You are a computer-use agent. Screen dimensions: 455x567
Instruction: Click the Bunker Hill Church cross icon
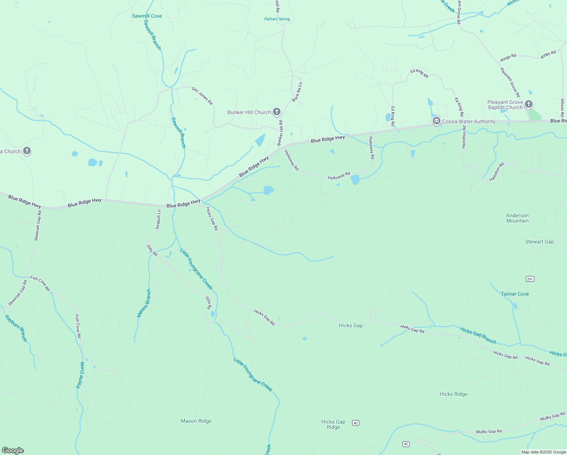pos(277,112)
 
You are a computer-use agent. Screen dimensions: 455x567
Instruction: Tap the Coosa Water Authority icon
pos(436,121)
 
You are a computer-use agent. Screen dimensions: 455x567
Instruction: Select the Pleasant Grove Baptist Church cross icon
pos(529,104)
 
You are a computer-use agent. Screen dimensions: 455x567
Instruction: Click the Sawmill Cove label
pos(147,16)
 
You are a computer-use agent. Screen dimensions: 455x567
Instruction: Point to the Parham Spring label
pos(277,19)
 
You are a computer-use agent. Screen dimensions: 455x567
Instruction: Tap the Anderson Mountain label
pos(517,218)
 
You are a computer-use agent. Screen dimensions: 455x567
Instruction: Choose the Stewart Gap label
pos(539,242)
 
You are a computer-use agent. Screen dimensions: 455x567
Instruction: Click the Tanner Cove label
pos(515,294)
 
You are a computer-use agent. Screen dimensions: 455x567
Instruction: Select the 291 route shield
pos(530,279)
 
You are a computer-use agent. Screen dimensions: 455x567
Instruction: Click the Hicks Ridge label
pos(453,394)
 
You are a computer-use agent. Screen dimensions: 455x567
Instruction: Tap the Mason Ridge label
pos(196,421)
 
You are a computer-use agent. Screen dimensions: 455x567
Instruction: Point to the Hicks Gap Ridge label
pos(333,424)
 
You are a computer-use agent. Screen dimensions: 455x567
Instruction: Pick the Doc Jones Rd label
pos(202,96)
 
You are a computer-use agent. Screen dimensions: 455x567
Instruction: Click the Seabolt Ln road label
pos(158,220)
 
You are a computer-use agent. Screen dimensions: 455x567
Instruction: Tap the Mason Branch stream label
pos(144,303)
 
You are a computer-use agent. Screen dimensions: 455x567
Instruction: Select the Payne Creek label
pos(80,375)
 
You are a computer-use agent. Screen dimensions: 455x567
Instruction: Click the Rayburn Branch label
pos(16,328)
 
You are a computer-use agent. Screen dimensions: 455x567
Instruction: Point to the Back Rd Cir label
pos(297,92)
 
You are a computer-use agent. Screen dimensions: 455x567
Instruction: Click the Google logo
pos(13,450)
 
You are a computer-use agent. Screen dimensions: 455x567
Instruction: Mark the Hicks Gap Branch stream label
pos(478,336)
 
